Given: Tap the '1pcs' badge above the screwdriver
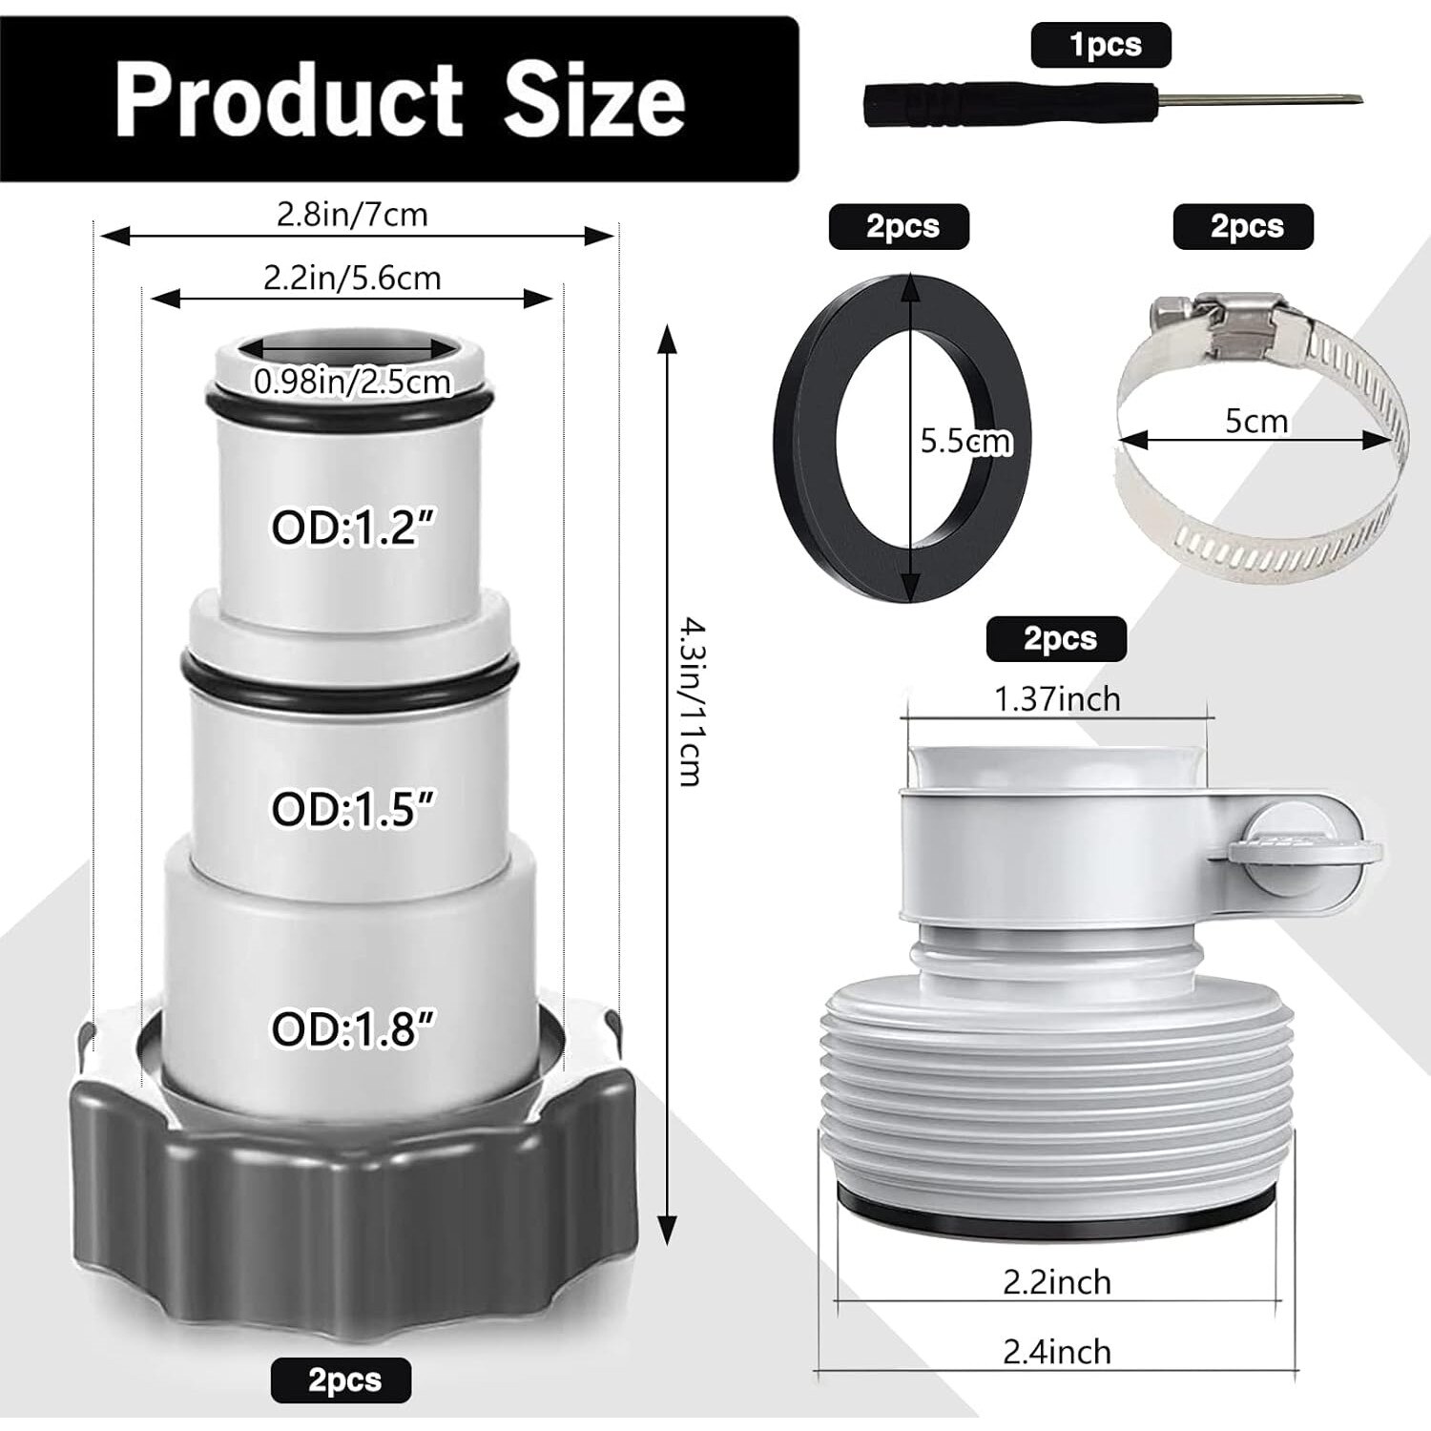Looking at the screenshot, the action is pos(1101,46).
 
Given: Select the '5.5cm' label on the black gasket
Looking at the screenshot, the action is pos(965,441).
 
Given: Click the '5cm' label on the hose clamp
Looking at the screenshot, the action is pos(1256,421).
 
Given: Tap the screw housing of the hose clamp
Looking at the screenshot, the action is pos(1212,321).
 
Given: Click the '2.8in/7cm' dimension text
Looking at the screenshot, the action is pos(352,215).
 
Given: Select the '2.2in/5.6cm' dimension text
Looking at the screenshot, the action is pos(352,278).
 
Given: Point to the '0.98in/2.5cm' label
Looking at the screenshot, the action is pos(352,382).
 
